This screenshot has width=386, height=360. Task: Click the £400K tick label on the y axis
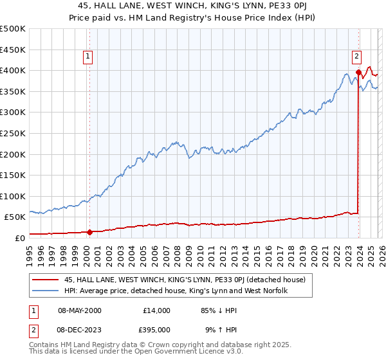click(x=13, y=70)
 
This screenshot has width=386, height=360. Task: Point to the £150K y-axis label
click(x=13, y=175)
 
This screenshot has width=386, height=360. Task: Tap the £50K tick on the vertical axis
click(x=15, y=217)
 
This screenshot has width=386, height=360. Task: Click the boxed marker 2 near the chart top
click(x=356, y=56)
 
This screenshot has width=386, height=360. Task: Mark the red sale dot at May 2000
click(x=90, y=232)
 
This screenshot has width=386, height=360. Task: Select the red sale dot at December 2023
click(x=358, y=72)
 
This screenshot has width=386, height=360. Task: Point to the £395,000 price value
click(x=155, y=329)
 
